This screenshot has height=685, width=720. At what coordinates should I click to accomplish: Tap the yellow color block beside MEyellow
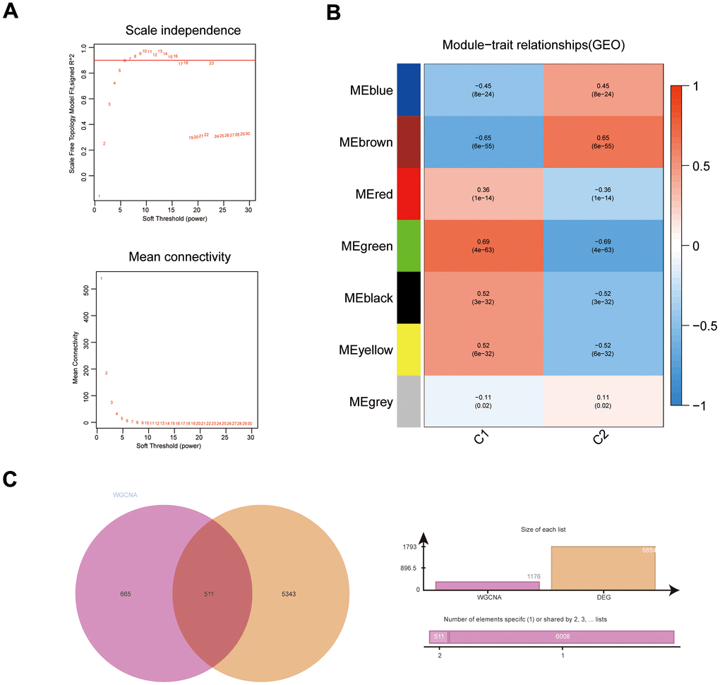click(409, 350)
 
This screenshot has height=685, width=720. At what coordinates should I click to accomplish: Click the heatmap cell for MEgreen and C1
click(484, 246)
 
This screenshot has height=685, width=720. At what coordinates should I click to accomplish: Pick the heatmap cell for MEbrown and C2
click(603, 142)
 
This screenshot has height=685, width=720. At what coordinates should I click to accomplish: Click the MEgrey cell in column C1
click(484, 401)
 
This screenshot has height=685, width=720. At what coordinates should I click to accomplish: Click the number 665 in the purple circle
click(127, 594)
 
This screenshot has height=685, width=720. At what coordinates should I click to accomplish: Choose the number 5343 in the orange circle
click(292, 594)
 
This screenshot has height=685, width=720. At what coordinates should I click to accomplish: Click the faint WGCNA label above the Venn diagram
click(124, 494)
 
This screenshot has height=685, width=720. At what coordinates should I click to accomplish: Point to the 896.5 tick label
click(409, 567)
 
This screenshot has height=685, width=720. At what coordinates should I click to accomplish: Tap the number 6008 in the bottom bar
click(561, 637)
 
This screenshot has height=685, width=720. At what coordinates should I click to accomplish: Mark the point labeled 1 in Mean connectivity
click(101, 278)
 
